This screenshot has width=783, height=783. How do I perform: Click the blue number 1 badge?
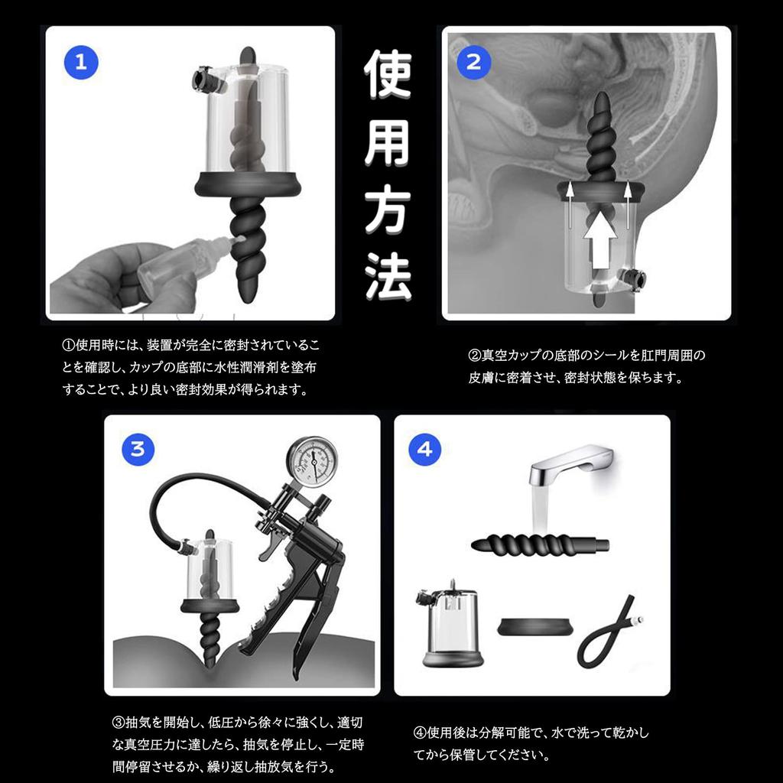coord(81,63)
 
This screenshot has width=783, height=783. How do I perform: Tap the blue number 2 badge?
coord(474,63)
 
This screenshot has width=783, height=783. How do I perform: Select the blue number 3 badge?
coord(138,450)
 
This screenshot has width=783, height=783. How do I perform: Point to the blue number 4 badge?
coord(425,450)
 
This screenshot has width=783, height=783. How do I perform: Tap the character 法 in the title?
coord(388,275)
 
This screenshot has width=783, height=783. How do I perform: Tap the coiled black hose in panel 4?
coord(606,632)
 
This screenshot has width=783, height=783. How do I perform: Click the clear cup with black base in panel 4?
coord(449,628)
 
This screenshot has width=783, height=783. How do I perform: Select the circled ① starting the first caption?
coord(68,345)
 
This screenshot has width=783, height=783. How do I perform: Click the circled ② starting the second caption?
coord(474,356)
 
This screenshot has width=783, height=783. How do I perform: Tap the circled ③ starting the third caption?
coord(118,722)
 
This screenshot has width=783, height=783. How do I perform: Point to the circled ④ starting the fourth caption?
coord(420,733)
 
